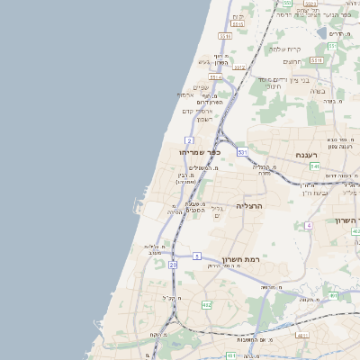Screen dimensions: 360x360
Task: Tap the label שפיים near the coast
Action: pyautogui.click(x=201, y=86)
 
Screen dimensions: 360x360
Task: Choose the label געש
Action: pyautogui.click(x=204, y=62)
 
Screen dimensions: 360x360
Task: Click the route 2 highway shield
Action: pyautogui.click(x=189, y=140)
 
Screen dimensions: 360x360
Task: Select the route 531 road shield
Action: pyautogui.click(x=242, y=153)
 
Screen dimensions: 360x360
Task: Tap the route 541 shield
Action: pyautogui.click(x=314, y=166)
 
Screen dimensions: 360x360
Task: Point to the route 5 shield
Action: pyautogui.click(x=196, y=256)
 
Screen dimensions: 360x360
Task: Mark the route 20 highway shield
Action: pyautogui.click(x=173, y=265)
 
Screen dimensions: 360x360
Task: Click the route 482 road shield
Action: pyautogui.click(x=206, y=306)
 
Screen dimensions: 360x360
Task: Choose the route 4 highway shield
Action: pyautogui.click(x=308, y=225)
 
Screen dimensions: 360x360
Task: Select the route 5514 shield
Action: pyautogui.click(x=216, y=78)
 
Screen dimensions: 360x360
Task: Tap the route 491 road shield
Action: pyautogui.click(x=333, y=295)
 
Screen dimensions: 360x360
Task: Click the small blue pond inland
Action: pyautogui.click(x=322, y=33)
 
